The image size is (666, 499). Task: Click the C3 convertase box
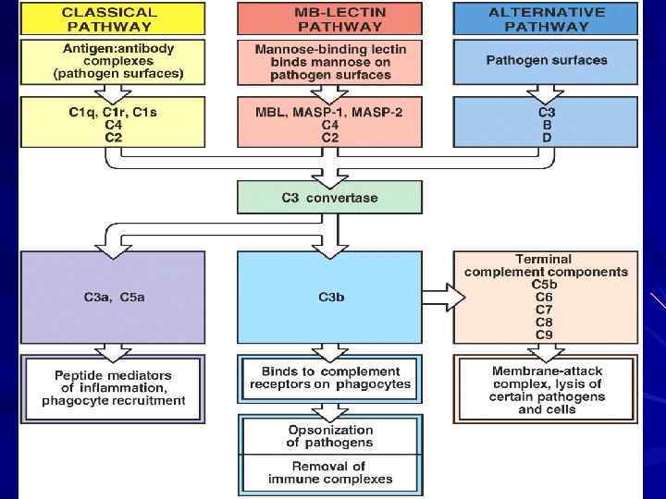click(329, 197)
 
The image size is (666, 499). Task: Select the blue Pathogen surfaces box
click(546, 60)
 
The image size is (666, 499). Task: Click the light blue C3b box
click(331, 297)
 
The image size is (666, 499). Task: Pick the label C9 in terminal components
click(544, 334)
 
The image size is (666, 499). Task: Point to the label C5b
click(544, 285)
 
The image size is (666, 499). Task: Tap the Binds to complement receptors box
click(330, 377)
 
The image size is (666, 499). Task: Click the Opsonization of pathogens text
click(330, 436)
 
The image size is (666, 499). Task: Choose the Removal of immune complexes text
click(330, 472)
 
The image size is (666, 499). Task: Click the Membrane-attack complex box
click(547, 389)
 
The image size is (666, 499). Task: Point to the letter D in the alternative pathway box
click(546, 137)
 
